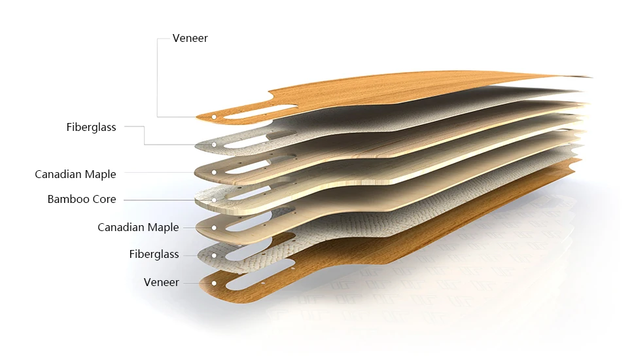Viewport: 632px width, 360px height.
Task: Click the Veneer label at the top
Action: tap(190, 38)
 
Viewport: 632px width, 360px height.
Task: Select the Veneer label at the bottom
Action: tap(161, 282)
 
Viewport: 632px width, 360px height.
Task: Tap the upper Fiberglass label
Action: tap(91, 127)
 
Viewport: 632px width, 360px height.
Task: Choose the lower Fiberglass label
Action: tap(154, 254)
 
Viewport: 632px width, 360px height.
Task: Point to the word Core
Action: tap(103, 199)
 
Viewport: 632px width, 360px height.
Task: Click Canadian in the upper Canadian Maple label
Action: tap(58, 174)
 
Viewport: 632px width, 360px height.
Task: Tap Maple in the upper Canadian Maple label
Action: tap(99, 174)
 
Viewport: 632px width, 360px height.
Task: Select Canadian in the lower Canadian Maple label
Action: tap(120, 227)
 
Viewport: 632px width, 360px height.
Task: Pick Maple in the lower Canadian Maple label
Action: tap(162, 227)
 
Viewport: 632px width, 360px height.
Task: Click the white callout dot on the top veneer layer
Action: tap(214, 117)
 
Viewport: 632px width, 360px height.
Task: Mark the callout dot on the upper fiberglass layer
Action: tap(214, 144)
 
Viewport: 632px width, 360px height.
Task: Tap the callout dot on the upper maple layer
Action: tap(214, 173)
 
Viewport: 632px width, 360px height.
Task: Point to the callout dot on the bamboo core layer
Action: tap(214, 200)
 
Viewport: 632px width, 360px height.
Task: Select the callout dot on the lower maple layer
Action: tap(214, 227)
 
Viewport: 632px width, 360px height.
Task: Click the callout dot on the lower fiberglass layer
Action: tap(214, 255)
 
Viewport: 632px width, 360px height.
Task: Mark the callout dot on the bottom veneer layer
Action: tap(214, 283)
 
